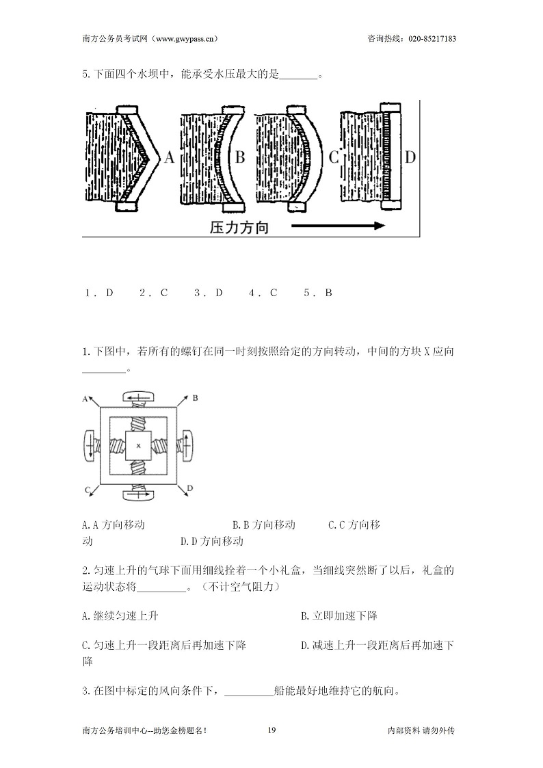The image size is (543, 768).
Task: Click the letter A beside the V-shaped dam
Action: [169, 157]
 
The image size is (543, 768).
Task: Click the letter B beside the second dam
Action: [240, 157]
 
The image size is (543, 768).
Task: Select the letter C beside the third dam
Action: [334, 157]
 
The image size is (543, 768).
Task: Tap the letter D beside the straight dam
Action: [410, 157]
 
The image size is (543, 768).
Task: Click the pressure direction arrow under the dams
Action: [339, 226]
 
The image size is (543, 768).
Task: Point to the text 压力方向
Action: [239, 227]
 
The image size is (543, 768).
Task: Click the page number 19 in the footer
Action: [271, 730]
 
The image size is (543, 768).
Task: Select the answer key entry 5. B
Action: [318, 293]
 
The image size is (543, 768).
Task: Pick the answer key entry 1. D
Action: [99, 293]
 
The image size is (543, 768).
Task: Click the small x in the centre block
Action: [139, 445]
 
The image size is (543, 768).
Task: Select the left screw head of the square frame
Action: [89, 445]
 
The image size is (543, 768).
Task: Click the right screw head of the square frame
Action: [187, 445]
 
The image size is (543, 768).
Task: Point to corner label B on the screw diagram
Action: [195, 398]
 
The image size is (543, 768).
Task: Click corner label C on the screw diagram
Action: [87, 489]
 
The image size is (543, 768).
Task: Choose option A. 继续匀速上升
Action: [120, 615]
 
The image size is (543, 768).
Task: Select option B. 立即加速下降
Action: [339, 615]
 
